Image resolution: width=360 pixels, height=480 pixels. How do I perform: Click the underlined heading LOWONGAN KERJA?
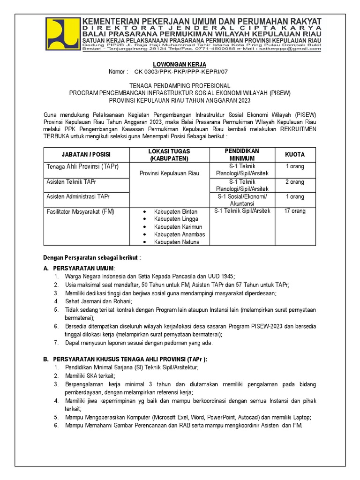coord(180,64)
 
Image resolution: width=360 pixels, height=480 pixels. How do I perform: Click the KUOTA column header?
coord(295,154)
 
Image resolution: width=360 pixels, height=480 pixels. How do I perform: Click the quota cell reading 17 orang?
coord(295,211)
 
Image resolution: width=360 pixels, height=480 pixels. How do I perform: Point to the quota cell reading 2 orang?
coord(295,182)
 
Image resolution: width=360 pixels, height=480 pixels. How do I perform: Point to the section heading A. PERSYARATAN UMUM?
coord(79,268)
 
